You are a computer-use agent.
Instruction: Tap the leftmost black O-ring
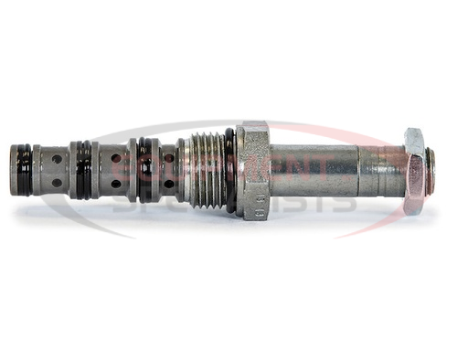[25, 170]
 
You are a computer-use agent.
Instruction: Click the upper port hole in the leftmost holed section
[57, 159]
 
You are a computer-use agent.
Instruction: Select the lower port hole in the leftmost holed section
[57, 183]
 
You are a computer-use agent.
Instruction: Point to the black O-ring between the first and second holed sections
[83, 170]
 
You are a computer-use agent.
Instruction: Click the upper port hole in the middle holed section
[115, 158]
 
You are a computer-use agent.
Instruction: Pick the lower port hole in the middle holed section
[115, 184]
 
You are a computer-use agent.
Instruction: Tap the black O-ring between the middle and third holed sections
[144, 170]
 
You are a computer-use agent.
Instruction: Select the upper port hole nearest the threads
[168, 158]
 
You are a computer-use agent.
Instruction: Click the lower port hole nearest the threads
[168, 184]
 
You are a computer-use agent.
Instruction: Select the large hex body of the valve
[253, 170]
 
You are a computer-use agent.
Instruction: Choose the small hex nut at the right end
[414, 171]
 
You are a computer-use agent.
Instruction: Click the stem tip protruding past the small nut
[430, 171]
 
